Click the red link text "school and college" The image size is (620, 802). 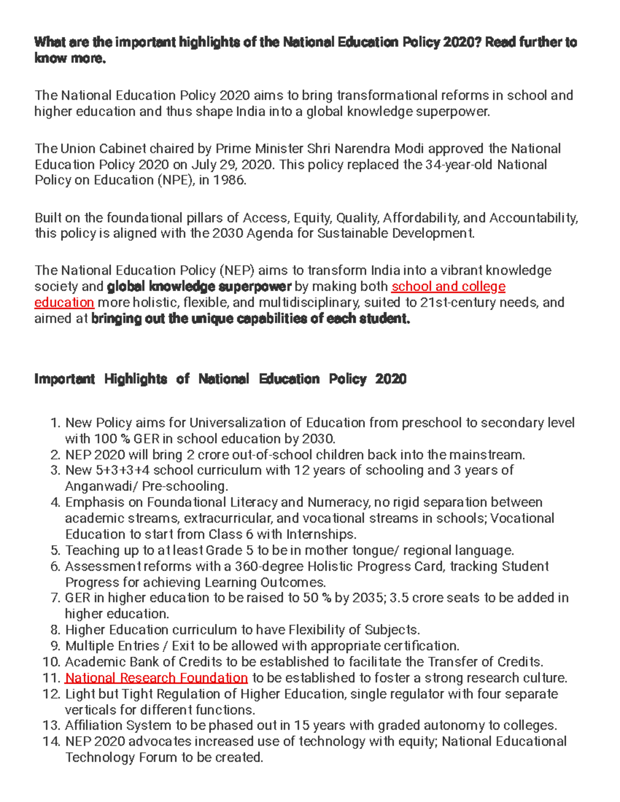448,287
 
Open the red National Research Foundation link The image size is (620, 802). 156,678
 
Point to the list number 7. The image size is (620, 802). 56,598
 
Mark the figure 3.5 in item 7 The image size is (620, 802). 398,598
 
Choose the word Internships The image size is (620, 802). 321,534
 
